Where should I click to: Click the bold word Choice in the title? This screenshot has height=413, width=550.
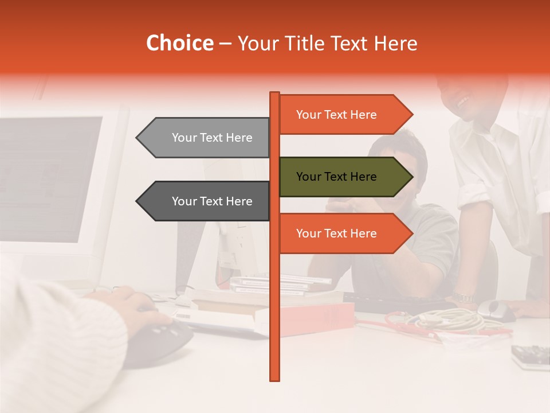(x=179, y=44)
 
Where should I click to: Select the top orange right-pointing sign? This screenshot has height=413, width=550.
(x=344, y=115)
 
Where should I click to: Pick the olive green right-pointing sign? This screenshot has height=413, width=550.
(x=344, y=177)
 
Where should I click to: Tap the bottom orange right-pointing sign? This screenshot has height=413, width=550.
(x=344, y=233)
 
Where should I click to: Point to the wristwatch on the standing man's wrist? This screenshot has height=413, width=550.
(x=462, y=298)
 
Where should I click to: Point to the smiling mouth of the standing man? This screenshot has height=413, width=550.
(x=463, y=102)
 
